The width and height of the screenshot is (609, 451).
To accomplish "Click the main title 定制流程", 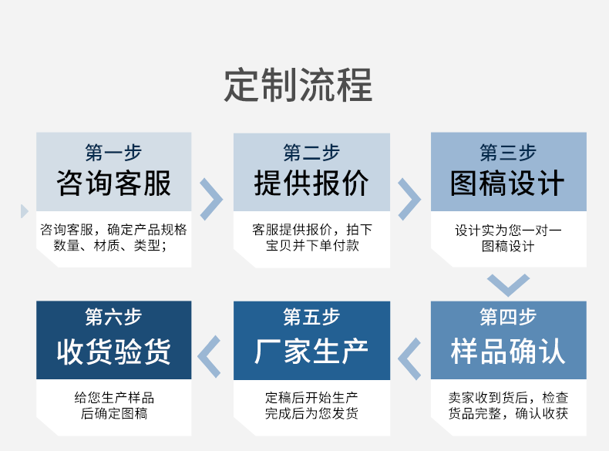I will (x=298, y=84).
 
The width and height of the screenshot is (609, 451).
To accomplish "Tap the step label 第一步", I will (x=114, y=152).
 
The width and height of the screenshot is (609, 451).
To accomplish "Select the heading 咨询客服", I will (x=114, y=184).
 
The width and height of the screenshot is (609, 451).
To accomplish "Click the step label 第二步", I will (x=311, y=152).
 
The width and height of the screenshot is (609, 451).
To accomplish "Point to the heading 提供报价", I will (x=311, y=184).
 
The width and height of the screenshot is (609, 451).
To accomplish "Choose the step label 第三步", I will (x=508, y=152).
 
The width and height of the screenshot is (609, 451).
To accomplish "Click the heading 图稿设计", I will (x=508, y=184).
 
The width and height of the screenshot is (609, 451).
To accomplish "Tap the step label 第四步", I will (x=508, y=317).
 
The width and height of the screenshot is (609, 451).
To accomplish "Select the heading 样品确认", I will (x=508, y=351).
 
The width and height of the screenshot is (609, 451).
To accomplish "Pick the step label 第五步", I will (x=311, y=317).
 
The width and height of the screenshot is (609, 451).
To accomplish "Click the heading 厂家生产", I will (x=311, y=351).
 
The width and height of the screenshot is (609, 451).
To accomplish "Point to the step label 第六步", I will (x=114, y=317).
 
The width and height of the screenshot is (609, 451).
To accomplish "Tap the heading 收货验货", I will (x=114, y=351).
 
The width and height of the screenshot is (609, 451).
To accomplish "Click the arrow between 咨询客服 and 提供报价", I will (x=211, y=199).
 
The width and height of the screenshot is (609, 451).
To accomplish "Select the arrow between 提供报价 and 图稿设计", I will (x=409, y=199).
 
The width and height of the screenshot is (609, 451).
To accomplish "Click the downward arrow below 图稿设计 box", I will (x=508, y=284).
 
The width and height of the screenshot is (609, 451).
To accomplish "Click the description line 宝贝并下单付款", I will (x=311, y=246).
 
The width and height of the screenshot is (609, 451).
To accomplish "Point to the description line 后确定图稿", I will (x=114, y=414).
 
